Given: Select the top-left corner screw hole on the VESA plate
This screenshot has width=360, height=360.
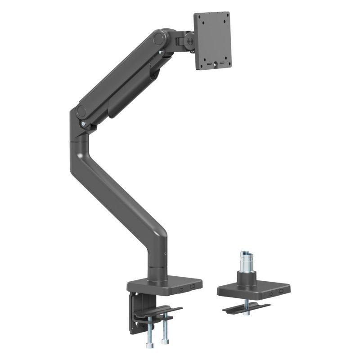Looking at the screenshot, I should click(200, 19).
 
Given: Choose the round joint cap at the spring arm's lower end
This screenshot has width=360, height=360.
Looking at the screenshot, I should click(81, 111).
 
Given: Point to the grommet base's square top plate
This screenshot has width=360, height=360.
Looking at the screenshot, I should click(252, 286).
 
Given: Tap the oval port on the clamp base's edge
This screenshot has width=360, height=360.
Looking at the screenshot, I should click(181, 289).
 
